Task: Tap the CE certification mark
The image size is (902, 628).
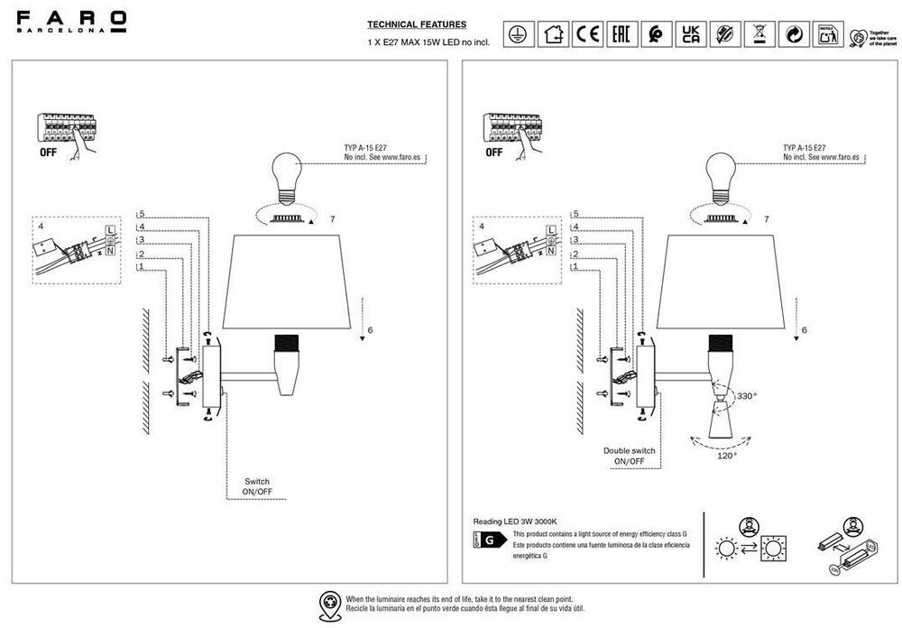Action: click(588, 34)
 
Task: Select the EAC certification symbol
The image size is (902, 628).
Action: click(621, 34)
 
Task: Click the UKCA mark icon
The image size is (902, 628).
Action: click(690, 34)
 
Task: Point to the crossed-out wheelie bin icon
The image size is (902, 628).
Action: click(759, 34)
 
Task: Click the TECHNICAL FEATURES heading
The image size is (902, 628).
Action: click(417, 24)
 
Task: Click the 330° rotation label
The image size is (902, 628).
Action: click(747, 396)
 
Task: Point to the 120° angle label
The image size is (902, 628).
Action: click(727, 456)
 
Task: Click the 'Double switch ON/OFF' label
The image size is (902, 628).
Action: click(629, 456)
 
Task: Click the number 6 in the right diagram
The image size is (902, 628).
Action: click(804, 331)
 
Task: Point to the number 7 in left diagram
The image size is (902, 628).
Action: click(332, 219)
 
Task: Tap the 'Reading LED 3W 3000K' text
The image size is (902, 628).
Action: click(516, 522)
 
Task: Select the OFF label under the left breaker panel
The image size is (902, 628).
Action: click(49, 152)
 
